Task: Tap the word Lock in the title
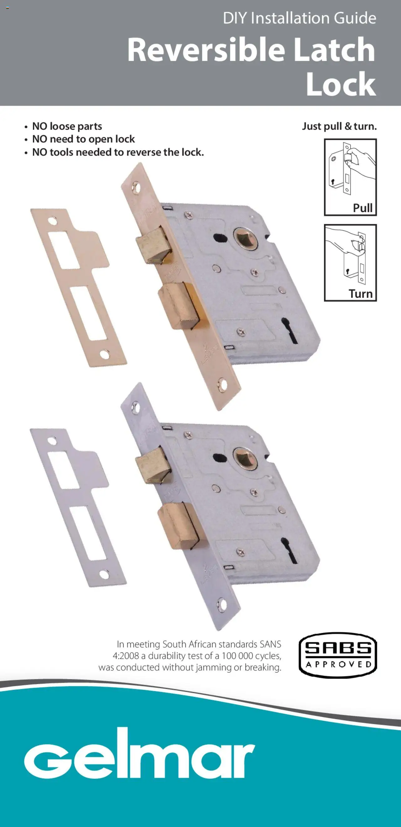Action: (x=341, y=84)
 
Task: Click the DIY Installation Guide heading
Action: (x=299, y=18)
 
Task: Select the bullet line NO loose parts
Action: (x=67, y=126)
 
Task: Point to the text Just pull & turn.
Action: (x=339, y=126)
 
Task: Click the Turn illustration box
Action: (x=350, y=263)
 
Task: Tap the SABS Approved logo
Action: (x=338, y=655)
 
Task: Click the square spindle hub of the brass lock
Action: (x=246, y=238)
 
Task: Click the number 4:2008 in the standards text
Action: (x=126, y=656)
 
